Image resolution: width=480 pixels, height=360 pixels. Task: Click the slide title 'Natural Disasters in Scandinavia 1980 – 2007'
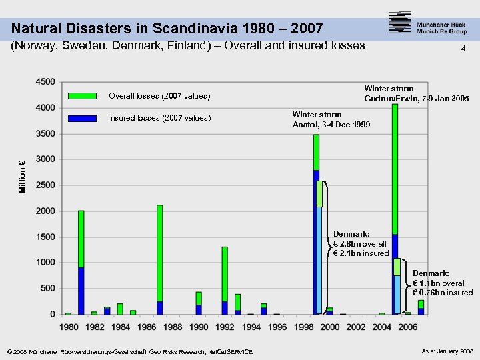click(x=167, y=29)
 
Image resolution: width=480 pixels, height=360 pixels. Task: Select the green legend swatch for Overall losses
click(x=83, y=96)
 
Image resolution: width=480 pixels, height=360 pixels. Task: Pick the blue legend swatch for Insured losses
click(x=83, y=118)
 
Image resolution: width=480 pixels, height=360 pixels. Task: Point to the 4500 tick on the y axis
click(x=45, y=82)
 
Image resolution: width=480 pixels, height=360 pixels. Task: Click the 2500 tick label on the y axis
click(x=45, y=185)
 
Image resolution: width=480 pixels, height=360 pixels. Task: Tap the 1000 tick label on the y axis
click(x=45, y=263)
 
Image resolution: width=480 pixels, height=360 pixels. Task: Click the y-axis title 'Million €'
click(x=22, y=177)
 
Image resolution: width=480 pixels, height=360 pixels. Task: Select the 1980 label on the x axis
click(x=69, y=327)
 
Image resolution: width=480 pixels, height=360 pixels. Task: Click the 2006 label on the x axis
click(x=407, y=327)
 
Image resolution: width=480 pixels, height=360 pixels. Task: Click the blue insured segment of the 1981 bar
click(x=81, y=291)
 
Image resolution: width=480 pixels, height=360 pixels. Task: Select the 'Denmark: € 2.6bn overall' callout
click(x=361, y=243)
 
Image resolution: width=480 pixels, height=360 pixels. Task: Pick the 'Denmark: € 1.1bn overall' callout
click(x=442, y=283)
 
